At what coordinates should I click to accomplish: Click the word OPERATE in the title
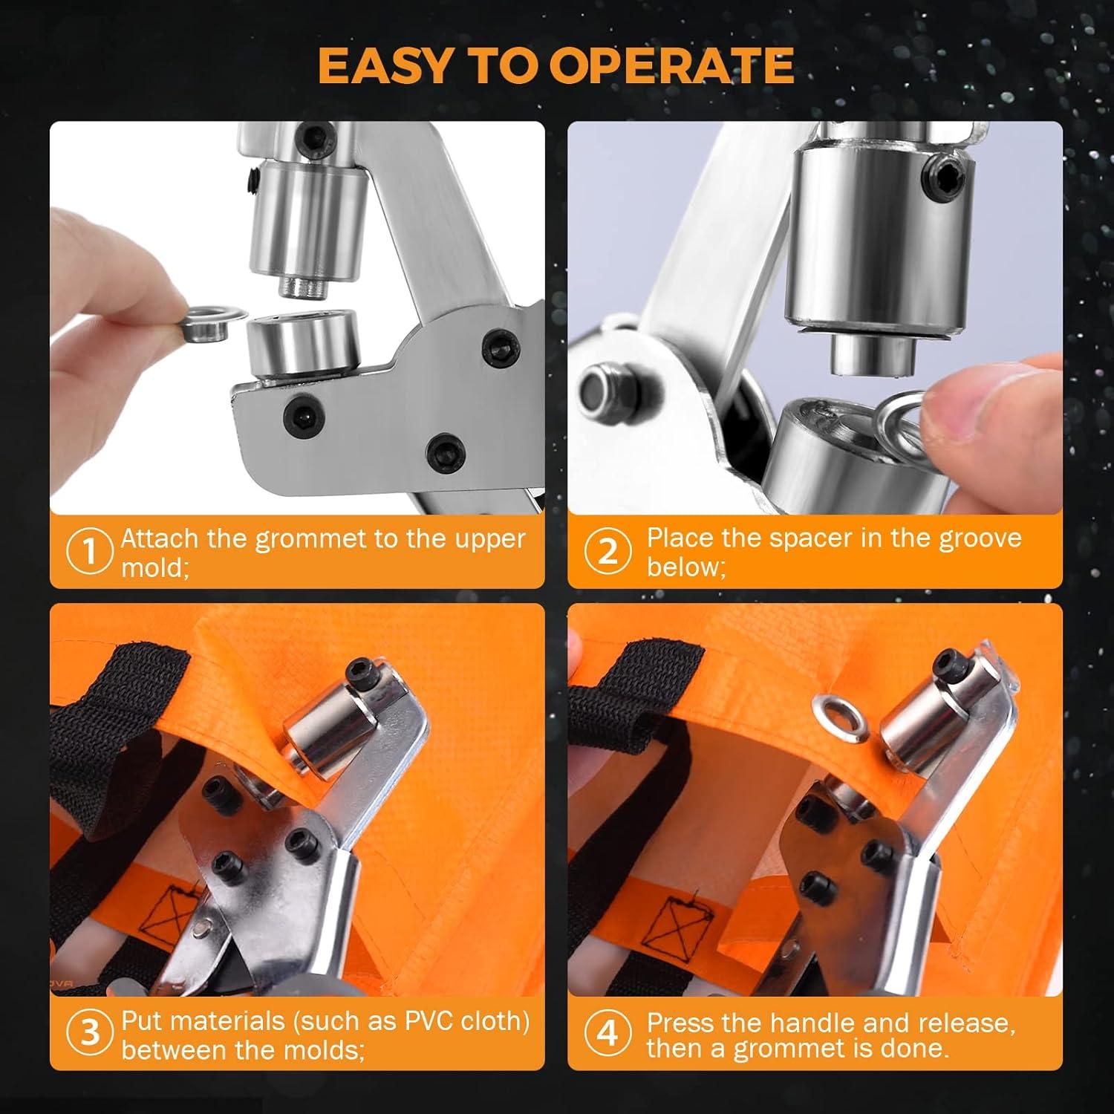671,65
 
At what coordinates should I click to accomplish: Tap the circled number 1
88,552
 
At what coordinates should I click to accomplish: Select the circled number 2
608,552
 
